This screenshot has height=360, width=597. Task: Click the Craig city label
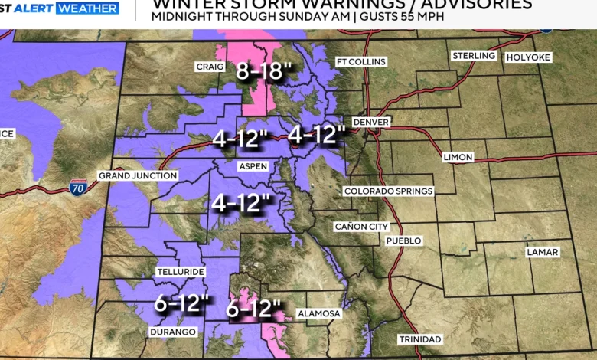(x=209, y=67)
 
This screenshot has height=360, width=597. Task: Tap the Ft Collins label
(x=361, y=62)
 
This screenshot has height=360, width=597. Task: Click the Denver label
(x=371, y=123)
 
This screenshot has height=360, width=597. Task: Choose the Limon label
(x=458, y=157)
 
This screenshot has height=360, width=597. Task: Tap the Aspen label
(x=253, y=166)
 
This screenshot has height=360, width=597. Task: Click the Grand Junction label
(x=138, y=176)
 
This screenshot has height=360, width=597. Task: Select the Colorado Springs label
(x=388, y=191)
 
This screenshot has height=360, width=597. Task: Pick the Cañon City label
(x=362, y=227)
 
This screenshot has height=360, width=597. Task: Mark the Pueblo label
(x=403, y=241)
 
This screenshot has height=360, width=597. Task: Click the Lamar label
(x=542, y=252)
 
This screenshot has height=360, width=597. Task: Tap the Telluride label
(x=181, y=272)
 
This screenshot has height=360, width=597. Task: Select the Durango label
(x=173, y=332)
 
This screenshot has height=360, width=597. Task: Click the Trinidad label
(x=419, y=339)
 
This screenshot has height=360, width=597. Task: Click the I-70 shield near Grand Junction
(x=78, y=186)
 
